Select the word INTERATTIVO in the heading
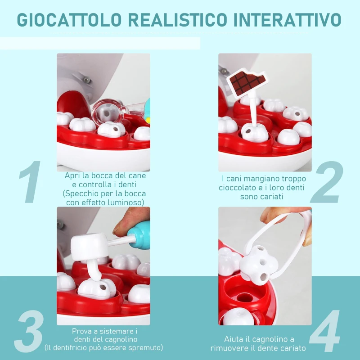[x=288, y=20]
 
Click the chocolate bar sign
[x=247, y=82]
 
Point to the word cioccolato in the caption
[x=239, y=188]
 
